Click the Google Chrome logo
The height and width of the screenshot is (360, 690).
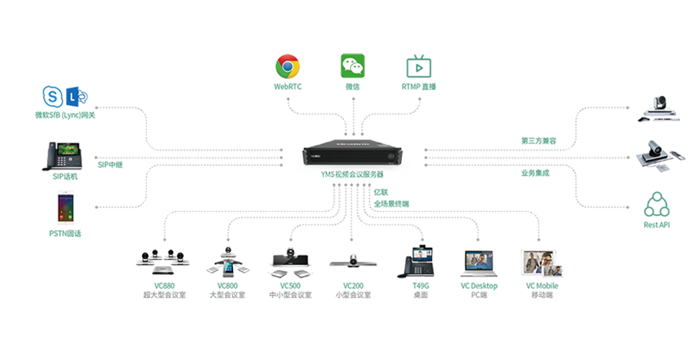tap(287, 67)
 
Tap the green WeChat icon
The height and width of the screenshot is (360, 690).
tap(352, 65)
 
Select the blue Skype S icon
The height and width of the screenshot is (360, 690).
tap(52, 96)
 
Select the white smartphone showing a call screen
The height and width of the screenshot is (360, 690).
tap(67, 209)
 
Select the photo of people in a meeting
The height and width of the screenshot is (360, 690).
tap(543, 264)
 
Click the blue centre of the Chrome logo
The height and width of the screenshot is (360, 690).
tap(287, 67)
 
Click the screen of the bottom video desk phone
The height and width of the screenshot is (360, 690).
tap(422, 256)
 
